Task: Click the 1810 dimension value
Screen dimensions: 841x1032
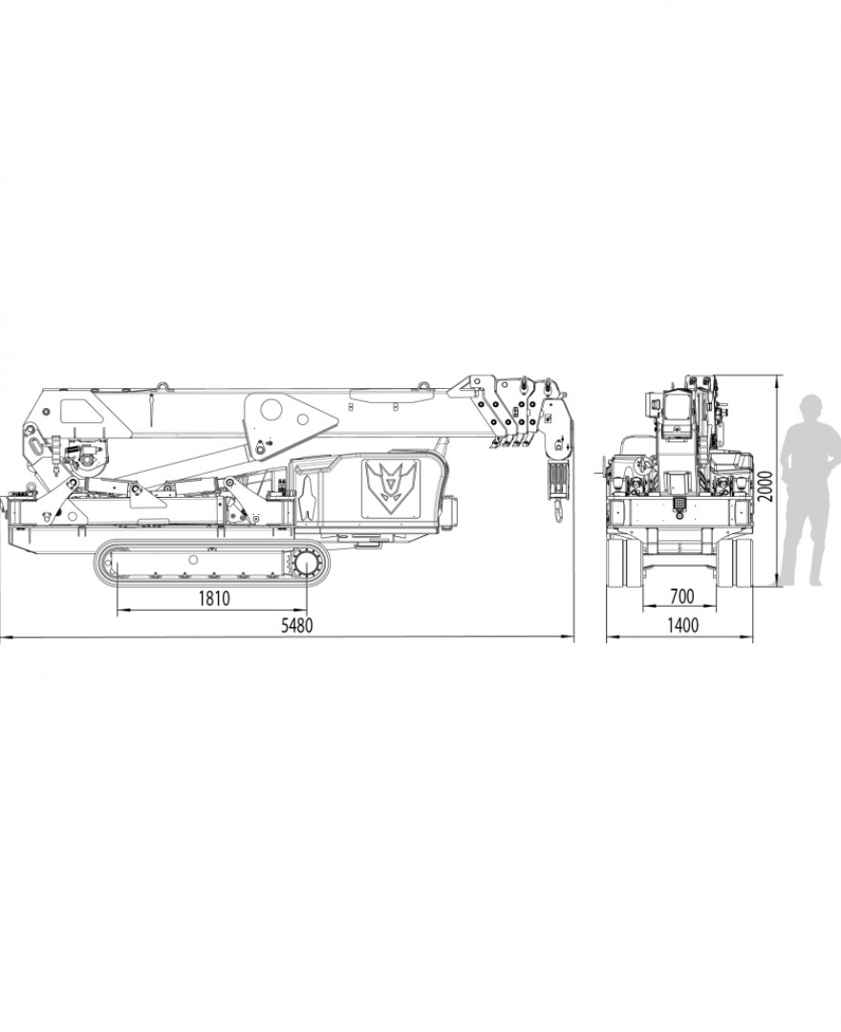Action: point(214,598)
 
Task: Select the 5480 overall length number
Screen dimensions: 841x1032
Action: point(297,625)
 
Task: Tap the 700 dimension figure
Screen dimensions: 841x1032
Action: point(681,596)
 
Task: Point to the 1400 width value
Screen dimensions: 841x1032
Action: point(682,625)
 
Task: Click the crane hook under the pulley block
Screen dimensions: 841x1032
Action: point(558,510)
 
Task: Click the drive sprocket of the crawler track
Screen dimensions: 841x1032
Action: point(307,564)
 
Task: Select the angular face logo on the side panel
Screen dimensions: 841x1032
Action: point(391,487)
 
